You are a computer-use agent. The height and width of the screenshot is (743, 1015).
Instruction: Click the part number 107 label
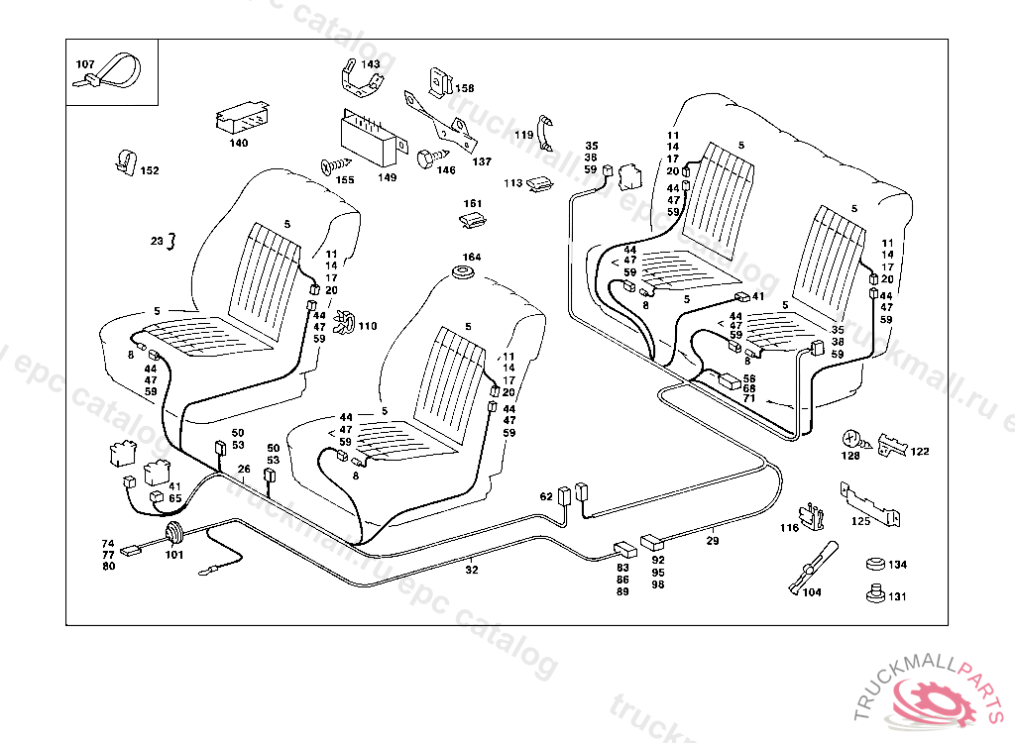85,64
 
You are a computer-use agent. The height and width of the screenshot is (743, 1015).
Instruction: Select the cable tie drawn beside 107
118,71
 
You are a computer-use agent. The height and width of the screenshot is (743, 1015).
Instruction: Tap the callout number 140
239,143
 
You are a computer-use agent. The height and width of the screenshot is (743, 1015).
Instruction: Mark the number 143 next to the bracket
370,64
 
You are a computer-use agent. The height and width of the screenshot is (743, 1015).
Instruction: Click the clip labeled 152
125,160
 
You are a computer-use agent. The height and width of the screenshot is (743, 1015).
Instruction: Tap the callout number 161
473,203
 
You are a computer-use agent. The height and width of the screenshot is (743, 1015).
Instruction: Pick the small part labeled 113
541,183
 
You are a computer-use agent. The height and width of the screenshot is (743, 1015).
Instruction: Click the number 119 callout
523,135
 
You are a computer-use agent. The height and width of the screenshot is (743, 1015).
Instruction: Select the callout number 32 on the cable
472,570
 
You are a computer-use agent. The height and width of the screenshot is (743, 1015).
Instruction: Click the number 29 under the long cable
713,541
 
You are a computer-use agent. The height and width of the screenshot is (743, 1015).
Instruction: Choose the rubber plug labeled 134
873,565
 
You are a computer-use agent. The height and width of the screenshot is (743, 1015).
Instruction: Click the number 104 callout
812,592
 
